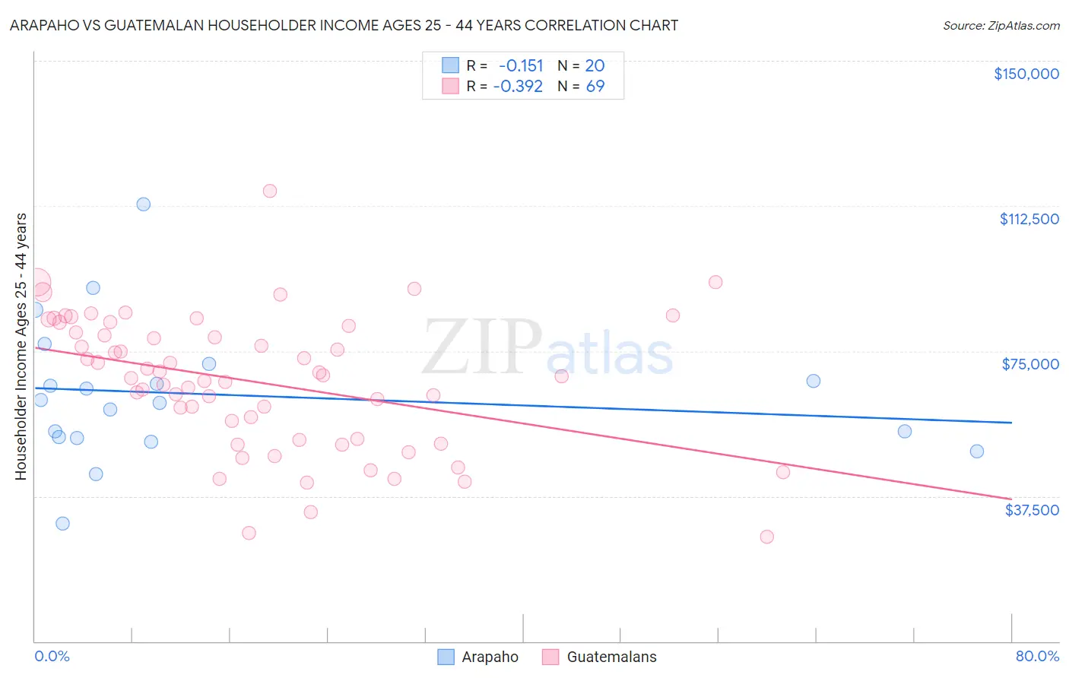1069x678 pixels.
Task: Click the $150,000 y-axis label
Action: pyautogui.click(x=1026, y=74)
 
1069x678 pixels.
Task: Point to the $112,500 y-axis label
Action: pyautogui.click(x=1029, y=219)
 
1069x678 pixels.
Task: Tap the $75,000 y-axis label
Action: pyautogui.click(x=1030, y=364)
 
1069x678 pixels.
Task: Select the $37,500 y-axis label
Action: pyautogui.click(x=1031, y=510)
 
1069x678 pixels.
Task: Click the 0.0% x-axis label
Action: pyautogui.click(x=52, y=656)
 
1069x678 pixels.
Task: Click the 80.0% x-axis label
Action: pyautogui.click(x=1037, y=656)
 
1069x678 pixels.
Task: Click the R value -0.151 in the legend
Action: pyautogui.click(x=521, y=66)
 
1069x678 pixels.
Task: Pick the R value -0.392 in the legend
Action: pyautogui.click(x=518, y=87)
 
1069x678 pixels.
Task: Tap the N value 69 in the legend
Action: pyautogui.click(x=595, y=87)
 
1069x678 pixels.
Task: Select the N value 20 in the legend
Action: pyautogui.click(x=595, y=66)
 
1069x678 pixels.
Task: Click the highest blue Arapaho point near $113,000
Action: pyautogui.click(x=143, y=204)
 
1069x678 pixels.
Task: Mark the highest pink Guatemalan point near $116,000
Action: pyautogui.click(x=270, y=191)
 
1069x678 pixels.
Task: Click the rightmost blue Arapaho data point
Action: pyautogui.click(x=977, y=451)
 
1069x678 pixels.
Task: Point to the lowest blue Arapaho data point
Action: pyautogui.click(x=62, y=524)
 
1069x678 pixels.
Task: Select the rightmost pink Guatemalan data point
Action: pyautogui.click(x=783, y=472)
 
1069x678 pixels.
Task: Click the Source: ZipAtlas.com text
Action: pyautogui.click(x=1001, y=26)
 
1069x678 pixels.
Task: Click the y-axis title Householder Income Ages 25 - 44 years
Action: pyautogui.click(x=21, y=346)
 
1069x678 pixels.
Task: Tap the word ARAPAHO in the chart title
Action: pyautogui.click(x=45, y=26)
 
